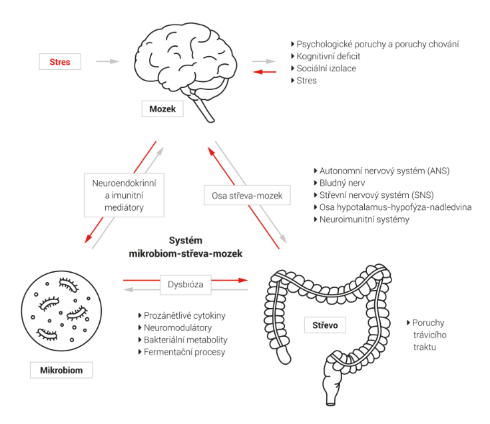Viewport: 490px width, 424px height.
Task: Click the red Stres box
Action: [x=60, y=61]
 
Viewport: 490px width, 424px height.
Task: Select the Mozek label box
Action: [x=162, y=109]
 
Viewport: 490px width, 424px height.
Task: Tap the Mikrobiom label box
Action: [x=61, y=370]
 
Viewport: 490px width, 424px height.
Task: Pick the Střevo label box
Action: [x=325, y=325]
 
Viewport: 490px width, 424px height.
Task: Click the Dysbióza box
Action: [x=186, y=285]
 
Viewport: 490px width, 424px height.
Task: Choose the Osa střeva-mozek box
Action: [x=247, y=195]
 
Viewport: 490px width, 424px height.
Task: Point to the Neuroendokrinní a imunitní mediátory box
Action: [x=124, y=195]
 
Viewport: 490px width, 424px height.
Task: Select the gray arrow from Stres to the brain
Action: [x=108, y=61]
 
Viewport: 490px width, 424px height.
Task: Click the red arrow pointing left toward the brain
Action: [x=265, y=72]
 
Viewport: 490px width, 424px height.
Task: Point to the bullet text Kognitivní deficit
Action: [x=328, y=56]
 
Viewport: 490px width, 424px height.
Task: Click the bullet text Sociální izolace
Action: [x=326, y=68]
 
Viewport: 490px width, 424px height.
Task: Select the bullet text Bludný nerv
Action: [x=342, y=183]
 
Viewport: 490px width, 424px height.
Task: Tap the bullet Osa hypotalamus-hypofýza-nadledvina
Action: [x=395, y=207]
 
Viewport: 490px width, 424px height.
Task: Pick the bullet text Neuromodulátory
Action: [x=178, y=327]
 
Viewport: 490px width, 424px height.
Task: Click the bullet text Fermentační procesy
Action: [x=184, y=352]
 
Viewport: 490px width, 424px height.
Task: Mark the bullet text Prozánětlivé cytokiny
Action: [x=184, y=315]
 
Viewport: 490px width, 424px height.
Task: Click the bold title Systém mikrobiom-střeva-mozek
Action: [x=186, y=247]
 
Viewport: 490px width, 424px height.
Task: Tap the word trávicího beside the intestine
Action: [x=429, y=335]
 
